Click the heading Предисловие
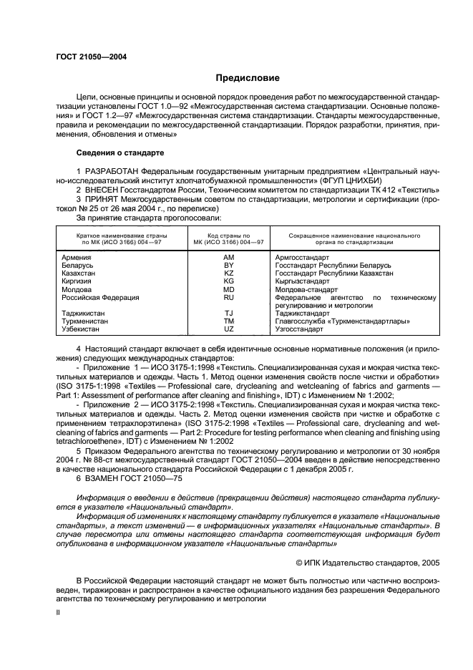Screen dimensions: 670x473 (237, 78)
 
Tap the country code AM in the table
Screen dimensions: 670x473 (228, 256)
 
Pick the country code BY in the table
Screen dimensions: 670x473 (228, 265)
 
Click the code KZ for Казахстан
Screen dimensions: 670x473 (228, 273)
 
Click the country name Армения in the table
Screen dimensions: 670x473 (77, 256)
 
